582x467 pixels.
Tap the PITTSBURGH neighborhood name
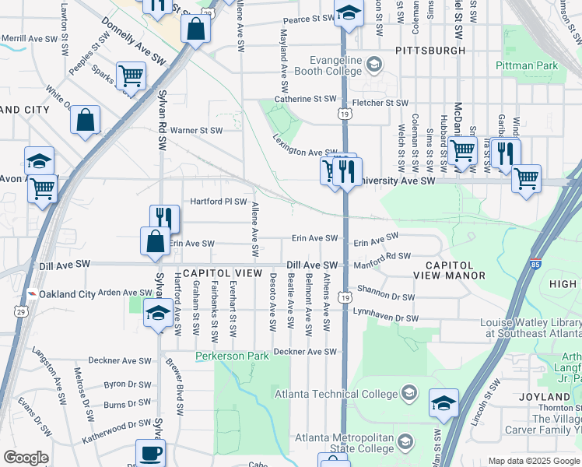(x=430, y=51)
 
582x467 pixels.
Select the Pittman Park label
(x=527, y=66)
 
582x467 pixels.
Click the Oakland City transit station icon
(x=32, y=294)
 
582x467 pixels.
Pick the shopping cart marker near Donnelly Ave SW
(x=131, y=75)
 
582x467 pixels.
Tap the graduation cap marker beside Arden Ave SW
(x=158, y=314)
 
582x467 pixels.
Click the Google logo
(x=26, y=458)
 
